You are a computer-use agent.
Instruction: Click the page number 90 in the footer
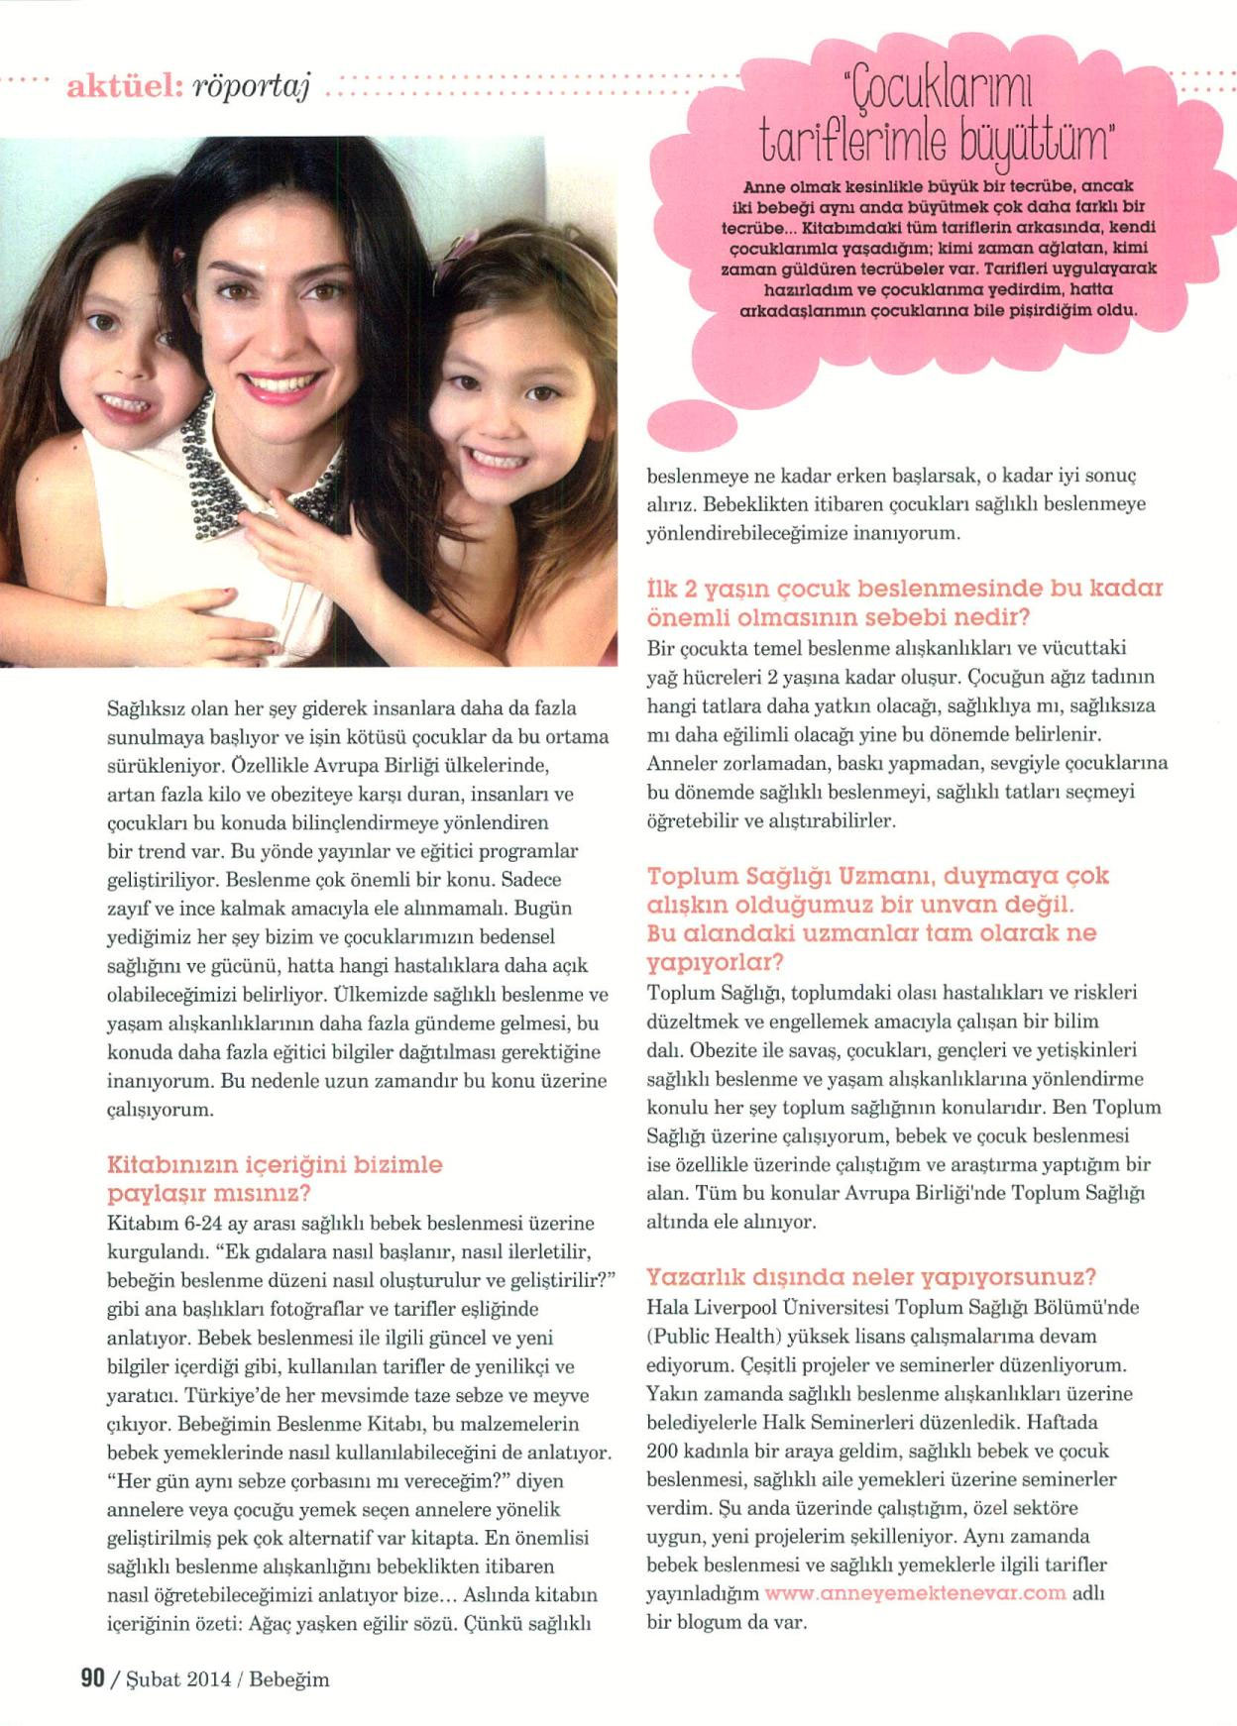click(x=92, y=1678)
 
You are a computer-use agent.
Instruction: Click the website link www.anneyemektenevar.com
click(x=915, y=1593)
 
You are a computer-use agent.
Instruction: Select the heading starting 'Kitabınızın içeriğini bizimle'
click(x=275, y=1164)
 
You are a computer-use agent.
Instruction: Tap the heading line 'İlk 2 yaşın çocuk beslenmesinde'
click(x=904, y=588)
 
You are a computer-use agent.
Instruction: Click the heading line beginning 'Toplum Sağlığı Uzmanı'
click(x=877, y=876)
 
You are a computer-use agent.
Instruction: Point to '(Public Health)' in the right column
click(x=705, y=1336)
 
